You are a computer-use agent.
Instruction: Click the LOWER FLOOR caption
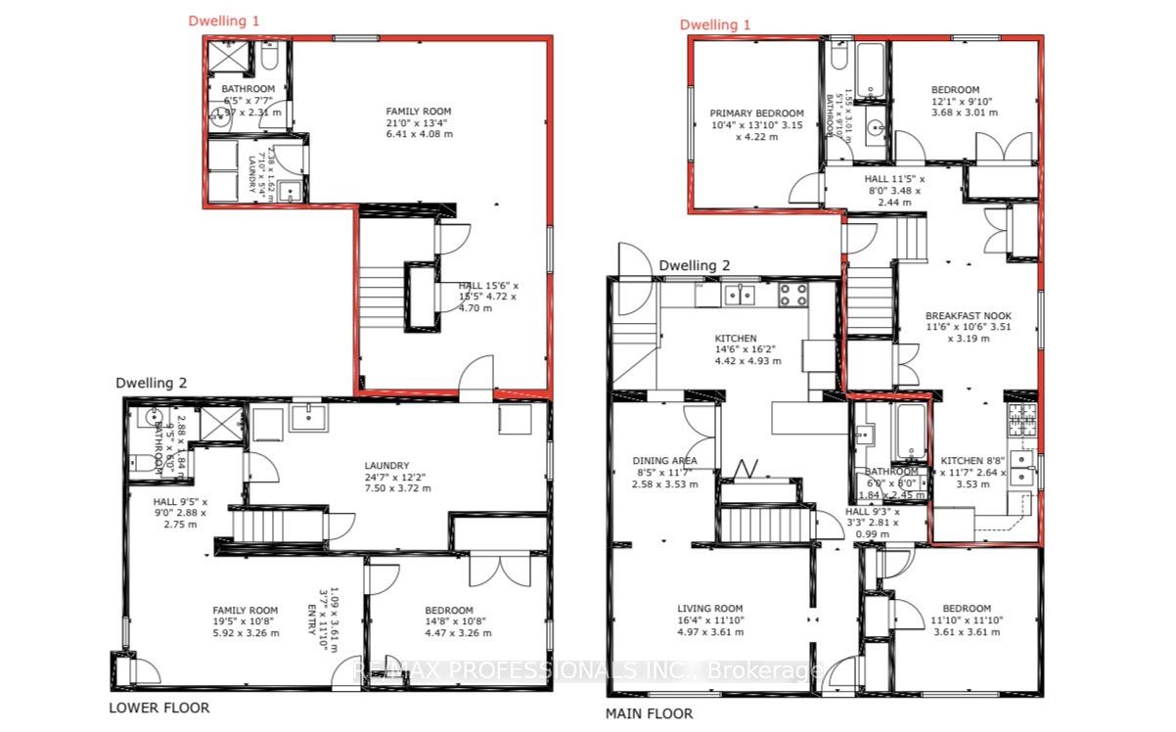(x=158, y=708)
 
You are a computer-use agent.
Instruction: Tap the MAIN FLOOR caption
(x=649, y=713)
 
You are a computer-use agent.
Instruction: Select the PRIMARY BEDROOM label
(x=756, y=114)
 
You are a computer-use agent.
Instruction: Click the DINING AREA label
(x=664, y=460)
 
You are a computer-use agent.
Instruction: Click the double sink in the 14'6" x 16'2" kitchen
(x=739, y=293)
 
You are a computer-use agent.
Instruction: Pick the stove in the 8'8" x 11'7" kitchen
(x=1022, y=421)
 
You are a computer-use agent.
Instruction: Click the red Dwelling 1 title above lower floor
(x=224, y=20)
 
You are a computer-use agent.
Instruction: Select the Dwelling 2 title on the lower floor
(x=151, y=383)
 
